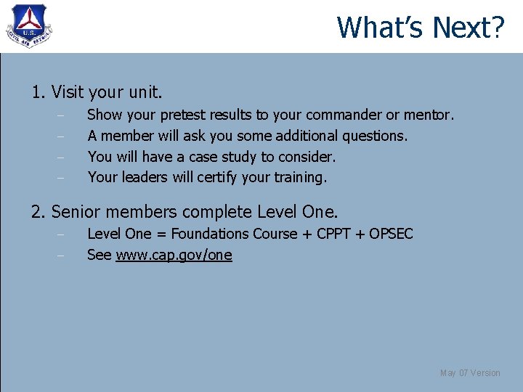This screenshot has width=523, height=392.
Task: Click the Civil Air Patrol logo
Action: pyautogui.click(x=28, y=27)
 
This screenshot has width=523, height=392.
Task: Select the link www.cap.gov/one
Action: pyautogui.click(x=174, y=255)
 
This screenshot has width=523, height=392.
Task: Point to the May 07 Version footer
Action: pyautogui.click(x=470, y=373)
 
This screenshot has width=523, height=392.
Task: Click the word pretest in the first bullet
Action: pyautogui.click(x=182, y=115)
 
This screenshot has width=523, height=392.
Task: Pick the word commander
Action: pyautogui.click(x=345, y=115)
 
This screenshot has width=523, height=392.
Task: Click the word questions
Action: pyautogui.click(x=374, y=136)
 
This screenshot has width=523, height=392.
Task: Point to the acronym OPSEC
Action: pyautogui.click(x=391, y=234)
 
